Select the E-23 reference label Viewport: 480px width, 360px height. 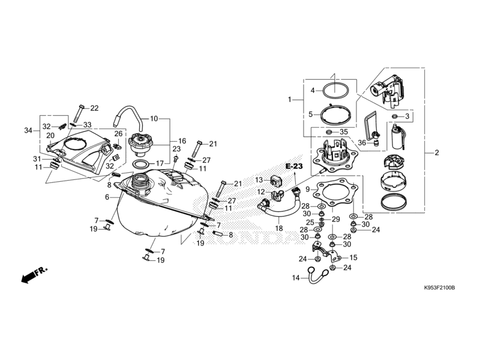pos(295,166)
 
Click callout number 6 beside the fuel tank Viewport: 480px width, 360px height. pos(107,197)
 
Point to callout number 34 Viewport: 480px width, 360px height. pos(28,130)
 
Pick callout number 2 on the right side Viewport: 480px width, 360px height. pos(437,152)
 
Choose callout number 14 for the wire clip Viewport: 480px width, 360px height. pos(295,278)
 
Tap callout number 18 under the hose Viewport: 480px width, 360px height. pos(278,228)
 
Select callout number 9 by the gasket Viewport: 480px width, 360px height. pos(308,189)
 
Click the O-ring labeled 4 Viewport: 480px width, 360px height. pos(337,91)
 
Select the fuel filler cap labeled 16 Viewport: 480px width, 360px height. pos(143,144)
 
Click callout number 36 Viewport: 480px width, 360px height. pos(362,142)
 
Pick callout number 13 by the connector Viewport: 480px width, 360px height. pos(259,179)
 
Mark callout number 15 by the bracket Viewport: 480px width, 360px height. pos(353,257)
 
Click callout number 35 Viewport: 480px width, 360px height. pos(344,131)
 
